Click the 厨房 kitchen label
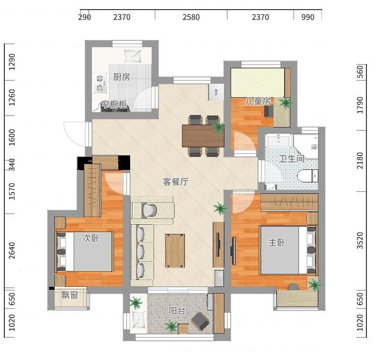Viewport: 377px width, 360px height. (x=122, y=77)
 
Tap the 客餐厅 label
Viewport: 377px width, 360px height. (x=176, y=181)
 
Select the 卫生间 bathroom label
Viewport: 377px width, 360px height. (x=292, y=159)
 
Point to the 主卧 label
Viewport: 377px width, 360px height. (x=277, y=242)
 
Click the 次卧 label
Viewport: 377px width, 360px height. (x=91, y=238)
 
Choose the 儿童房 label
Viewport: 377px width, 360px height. (x=258, y=101)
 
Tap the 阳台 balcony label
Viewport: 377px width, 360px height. (x=177, y=311)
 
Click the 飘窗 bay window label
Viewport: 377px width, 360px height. (x=70, y=295)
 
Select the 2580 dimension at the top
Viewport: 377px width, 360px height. (x=191, y=17)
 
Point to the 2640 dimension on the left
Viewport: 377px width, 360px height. (x=12, y=250)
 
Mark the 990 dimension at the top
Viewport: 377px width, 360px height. (x=308, y=17)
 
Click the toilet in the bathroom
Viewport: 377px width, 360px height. (x=308, y=176)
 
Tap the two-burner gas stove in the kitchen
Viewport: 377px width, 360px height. (x=100, y=83)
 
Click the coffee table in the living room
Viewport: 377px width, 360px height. (x=175, y=251)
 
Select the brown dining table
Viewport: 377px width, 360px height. (x=203, y=136)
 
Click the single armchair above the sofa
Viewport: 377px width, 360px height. (x=152, y=210)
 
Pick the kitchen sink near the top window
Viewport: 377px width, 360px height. (x=132, y=56)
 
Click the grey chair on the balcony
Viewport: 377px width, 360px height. (x=200, y=321)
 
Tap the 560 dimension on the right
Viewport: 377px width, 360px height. (x=360, y=72)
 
